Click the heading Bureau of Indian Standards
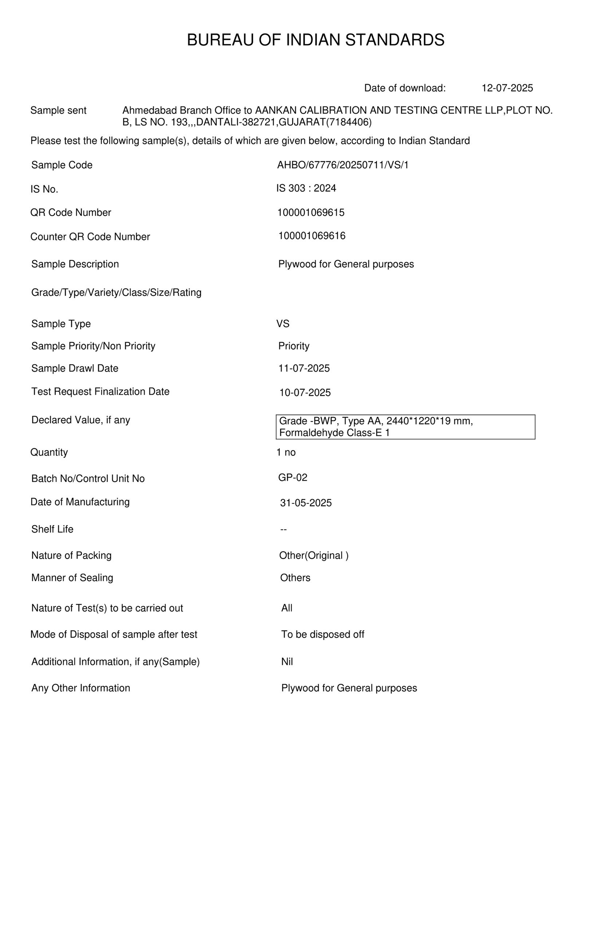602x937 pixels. point(315,40)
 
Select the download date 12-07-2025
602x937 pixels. point(507,88)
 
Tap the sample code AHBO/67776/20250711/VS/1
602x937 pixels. point(342,165)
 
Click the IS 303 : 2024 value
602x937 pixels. point(306,189)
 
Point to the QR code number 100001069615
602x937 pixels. point(311,213)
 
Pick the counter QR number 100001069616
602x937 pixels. point(312,236)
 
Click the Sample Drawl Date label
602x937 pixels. point(74,368)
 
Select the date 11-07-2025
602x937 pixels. point(304,368)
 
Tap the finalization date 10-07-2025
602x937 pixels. point(305,392)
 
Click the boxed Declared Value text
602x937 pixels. point(405,427)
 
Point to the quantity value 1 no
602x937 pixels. point(286,452)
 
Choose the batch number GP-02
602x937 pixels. point(292,478)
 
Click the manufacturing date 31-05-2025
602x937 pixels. point(306,503)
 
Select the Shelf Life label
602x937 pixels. point(52,529)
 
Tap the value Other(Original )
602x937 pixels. point(313,555)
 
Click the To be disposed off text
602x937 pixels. point(322,634)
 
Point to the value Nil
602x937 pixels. point(287,662)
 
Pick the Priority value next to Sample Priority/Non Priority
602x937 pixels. point(293,346)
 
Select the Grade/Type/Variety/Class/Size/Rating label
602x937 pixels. point(116,292)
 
